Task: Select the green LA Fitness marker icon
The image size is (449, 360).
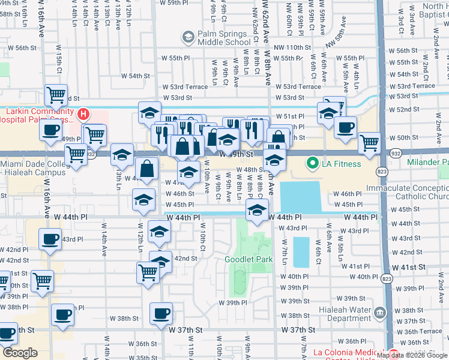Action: [312, 163]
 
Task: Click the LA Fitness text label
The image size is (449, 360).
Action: [342, 164]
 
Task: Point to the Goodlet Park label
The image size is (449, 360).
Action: [249, 260]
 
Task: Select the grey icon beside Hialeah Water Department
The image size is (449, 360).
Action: [379, 313]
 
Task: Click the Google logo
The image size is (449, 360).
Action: [19, 353]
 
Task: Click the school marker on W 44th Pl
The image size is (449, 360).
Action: [257, 209]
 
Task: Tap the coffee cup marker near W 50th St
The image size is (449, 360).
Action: [345, 127]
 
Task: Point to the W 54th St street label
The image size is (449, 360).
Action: [135, 76]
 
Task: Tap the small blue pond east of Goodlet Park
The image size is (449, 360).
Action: [301, 251]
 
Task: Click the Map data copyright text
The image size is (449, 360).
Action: [412, 355]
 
